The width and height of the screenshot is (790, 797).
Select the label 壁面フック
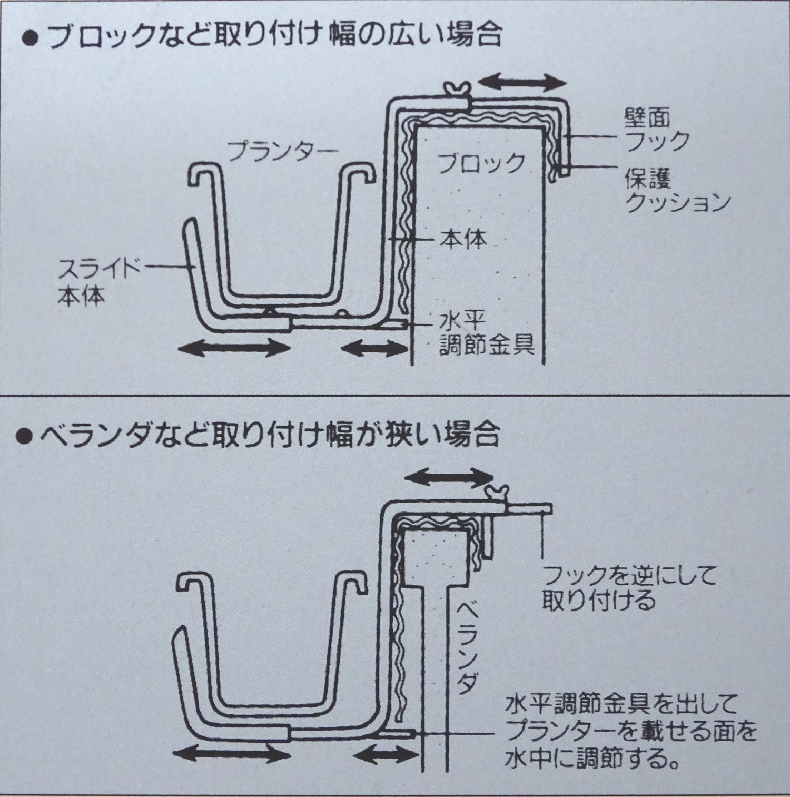tap(657, 130)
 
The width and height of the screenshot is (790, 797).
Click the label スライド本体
tap(98, 283)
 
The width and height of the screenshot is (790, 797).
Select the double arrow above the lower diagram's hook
tap(448, 477)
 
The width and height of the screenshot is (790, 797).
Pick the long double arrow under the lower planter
tap(232, 755)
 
